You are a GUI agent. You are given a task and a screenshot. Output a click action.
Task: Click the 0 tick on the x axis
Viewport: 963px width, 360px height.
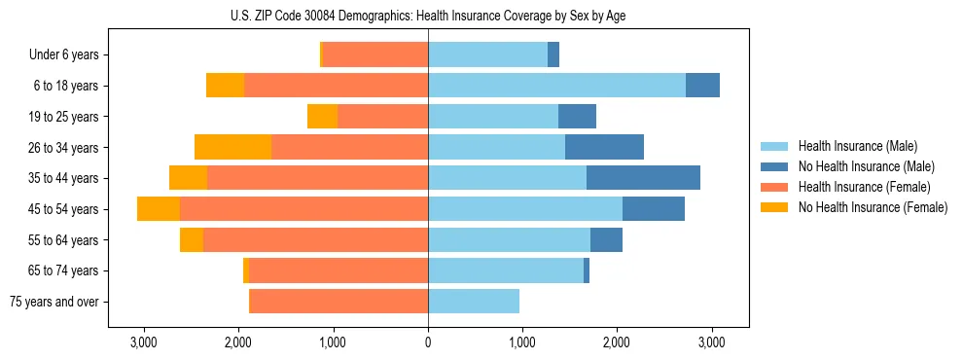click(428, 343)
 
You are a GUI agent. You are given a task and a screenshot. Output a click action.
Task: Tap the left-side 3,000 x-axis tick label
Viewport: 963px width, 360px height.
click(144, 343)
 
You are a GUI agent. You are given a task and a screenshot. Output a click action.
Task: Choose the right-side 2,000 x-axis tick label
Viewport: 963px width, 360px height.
click(617, 343)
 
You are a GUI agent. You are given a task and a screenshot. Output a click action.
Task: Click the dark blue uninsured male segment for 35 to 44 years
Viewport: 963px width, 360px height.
click(643, 178)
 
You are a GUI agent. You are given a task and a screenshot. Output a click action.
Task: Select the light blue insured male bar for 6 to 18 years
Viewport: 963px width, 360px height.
click(556, 86)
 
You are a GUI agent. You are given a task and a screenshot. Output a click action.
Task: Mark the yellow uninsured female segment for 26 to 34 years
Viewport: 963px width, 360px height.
click(232, 147)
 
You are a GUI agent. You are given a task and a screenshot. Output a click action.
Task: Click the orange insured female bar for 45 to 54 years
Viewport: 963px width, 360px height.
click(303, 209)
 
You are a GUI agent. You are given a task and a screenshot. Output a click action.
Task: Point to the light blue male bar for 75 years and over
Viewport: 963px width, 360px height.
click(474, 302)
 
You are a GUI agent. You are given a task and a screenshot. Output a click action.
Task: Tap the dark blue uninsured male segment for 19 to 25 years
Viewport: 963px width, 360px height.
click(577, 117)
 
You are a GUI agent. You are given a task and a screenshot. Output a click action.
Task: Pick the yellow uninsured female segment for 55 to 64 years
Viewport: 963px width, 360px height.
click(192, 240)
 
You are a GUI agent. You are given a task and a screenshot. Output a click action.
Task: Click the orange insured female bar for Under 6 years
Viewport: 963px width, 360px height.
click(374, 55)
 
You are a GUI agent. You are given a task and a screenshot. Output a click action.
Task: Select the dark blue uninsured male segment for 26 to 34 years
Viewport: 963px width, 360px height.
click(604, 147)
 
